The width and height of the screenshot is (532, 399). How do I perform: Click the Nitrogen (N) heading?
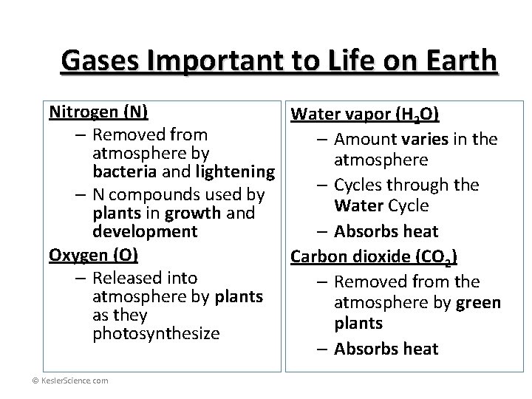click(98, 112)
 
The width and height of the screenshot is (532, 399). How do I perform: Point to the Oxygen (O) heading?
click(94, 255)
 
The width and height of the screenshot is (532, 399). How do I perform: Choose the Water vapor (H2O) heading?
click(366, 115)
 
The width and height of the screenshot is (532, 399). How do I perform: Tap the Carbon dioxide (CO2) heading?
click(374, 257)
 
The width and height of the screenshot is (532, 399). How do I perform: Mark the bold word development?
click(145, 231)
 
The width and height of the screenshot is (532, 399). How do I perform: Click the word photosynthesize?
click(156, 333)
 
